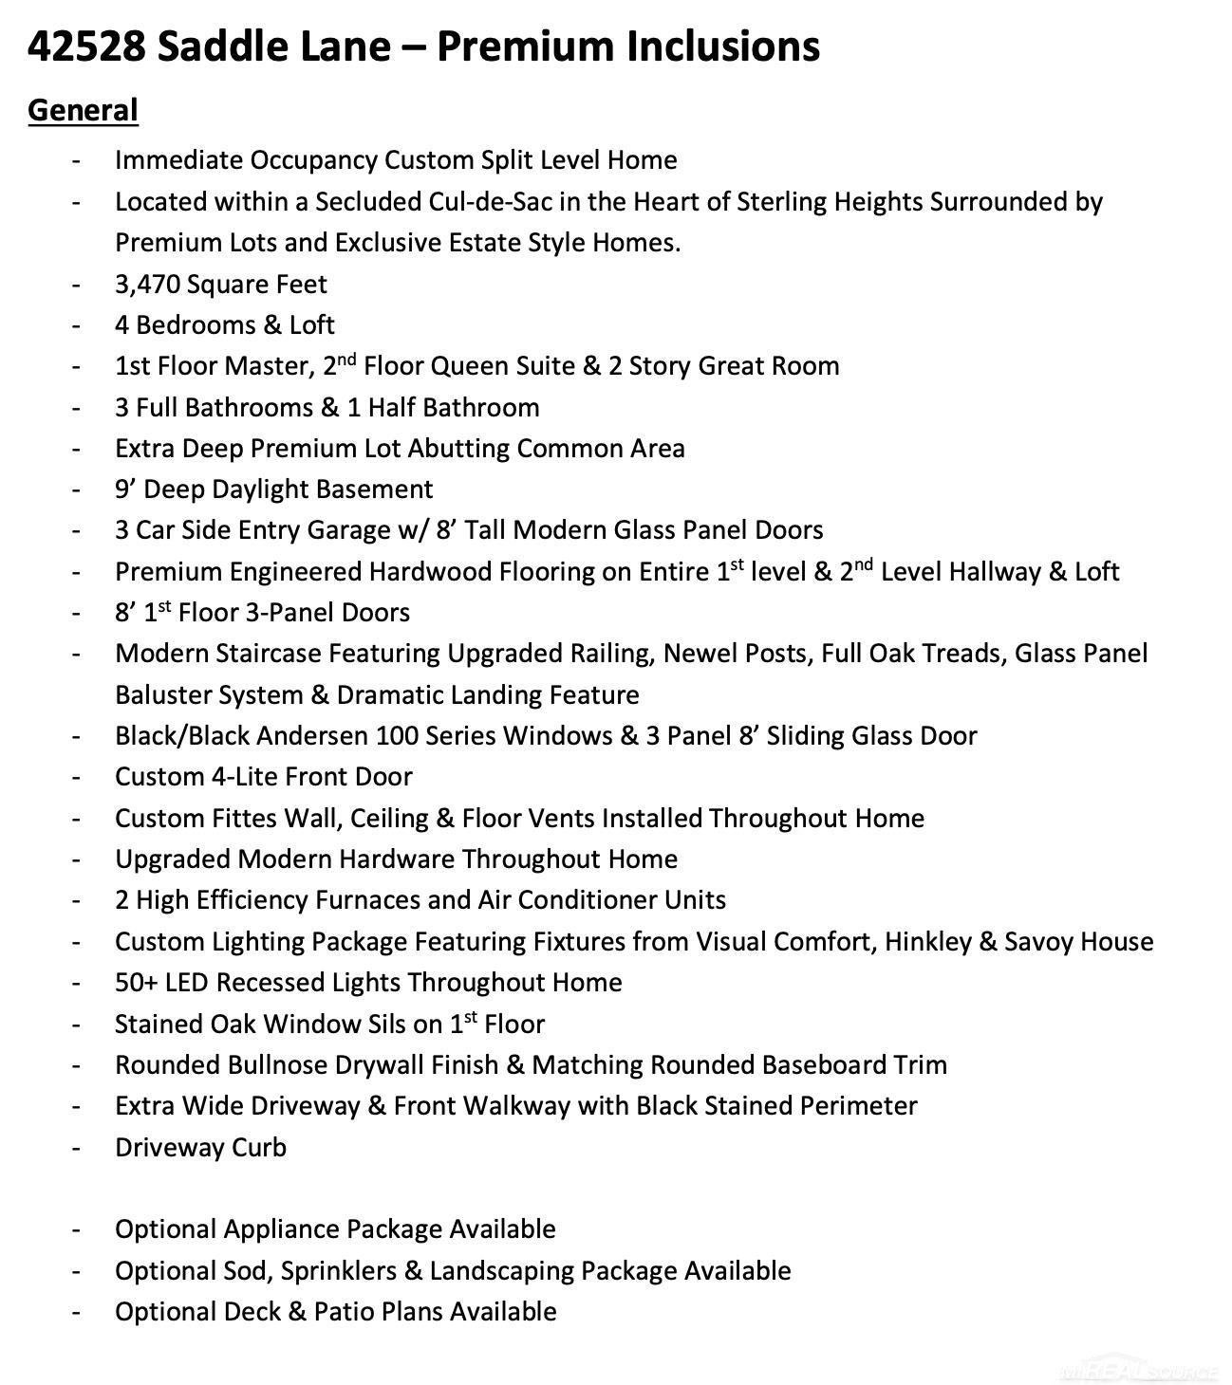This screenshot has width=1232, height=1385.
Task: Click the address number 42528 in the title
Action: [86, 46]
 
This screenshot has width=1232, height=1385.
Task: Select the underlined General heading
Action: [83, 110]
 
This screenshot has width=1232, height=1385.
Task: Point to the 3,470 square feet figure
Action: [149, 285]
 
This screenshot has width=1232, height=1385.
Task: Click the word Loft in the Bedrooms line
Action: [312, 325]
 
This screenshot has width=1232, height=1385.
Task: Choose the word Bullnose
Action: [278, 1065]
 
